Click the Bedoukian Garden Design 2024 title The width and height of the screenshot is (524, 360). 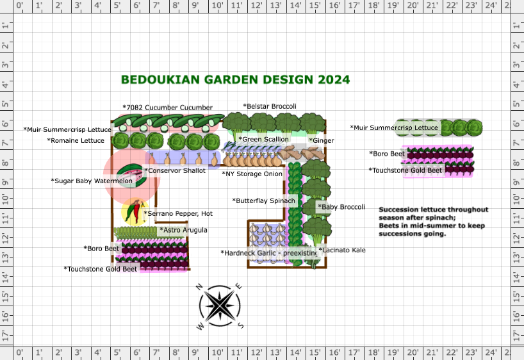(235, 80)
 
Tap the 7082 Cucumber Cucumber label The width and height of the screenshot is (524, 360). (168, 107)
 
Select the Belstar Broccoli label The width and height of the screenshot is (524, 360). (270, 106)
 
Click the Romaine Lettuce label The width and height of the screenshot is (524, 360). (76, 140)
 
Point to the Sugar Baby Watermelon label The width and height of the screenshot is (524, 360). (92, 181)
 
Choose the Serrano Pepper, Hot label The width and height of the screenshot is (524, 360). (178, 213)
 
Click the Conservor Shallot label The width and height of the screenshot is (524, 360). (175, 170)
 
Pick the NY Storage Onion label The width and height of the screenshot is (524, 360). (252, 174)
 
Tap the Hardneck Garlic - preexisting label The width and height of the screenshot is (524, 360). (269, 253)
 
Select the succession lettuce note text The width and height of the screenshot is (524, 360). (434, 222)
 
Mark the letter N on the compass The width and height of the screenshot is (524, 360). (199, 287)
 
